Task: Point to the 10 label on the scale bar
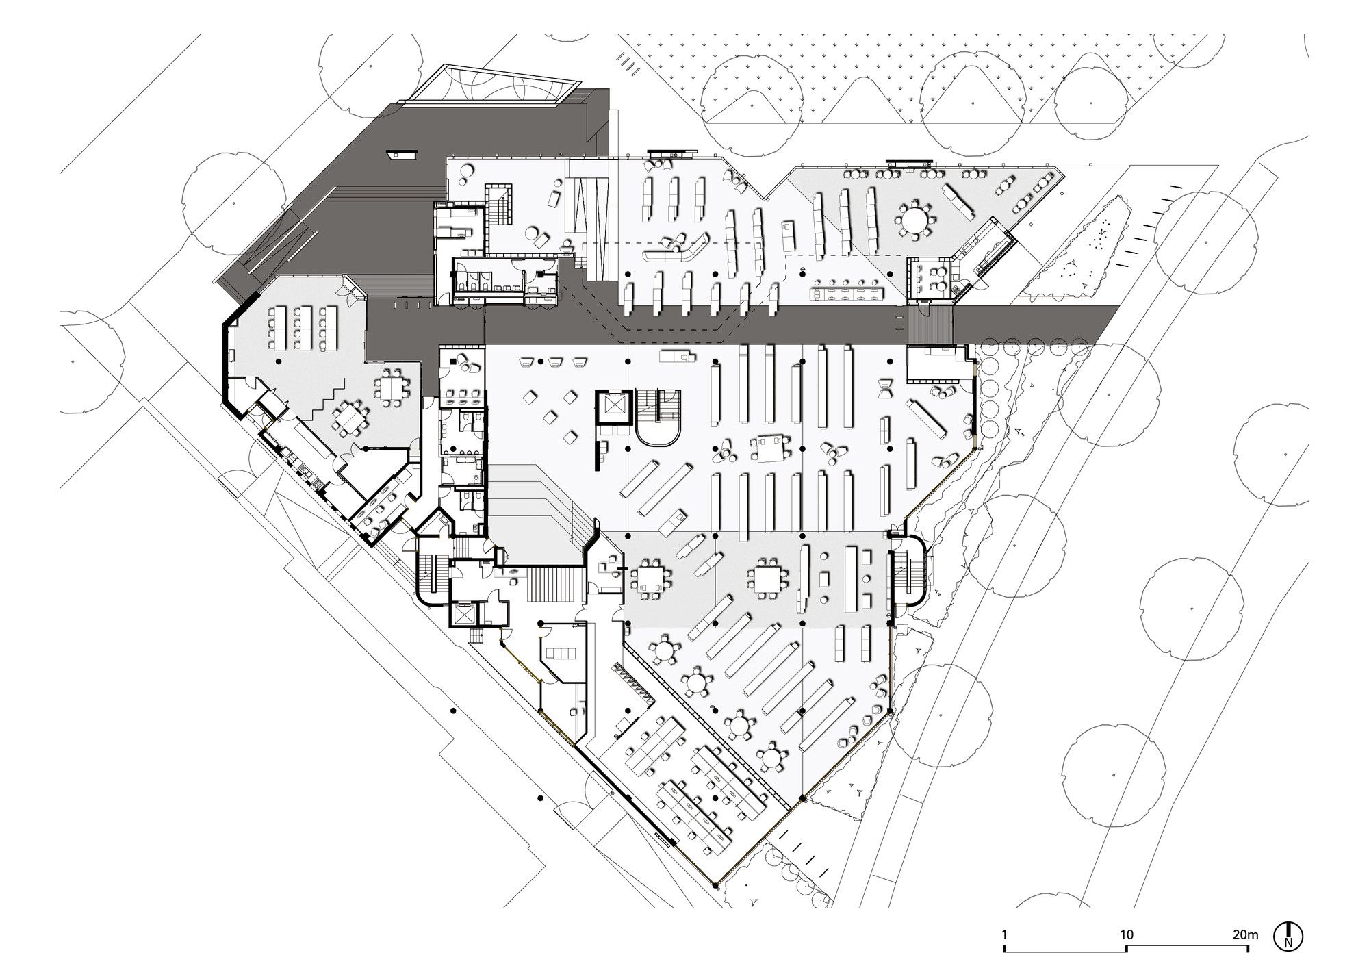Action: [x=1126, y=934]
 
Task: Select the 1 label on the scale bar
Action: [x=1003, y=934]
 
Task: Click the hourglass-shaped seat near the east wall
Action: [x=886, y=387]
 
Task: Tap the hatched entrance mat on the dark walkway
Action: [x=932, y=324]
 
